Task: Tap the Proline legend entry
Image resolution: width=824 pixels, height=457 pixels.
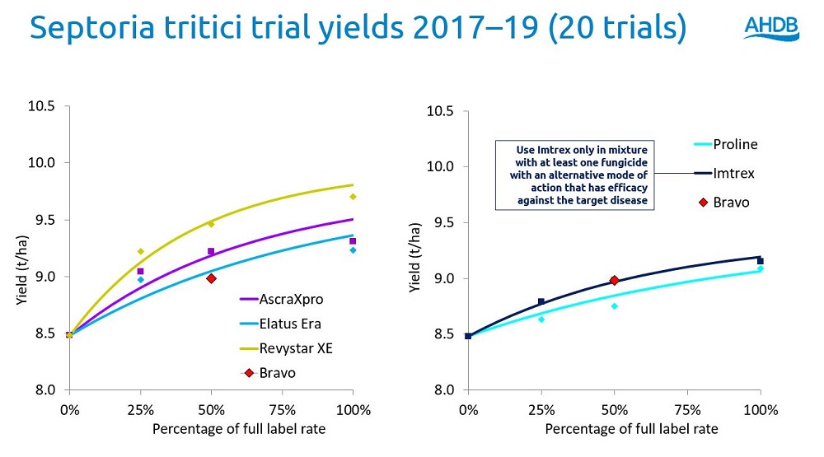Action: pos(734,145)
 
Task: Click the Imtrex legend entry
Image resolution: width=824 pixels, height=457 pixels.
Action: pos(733,174)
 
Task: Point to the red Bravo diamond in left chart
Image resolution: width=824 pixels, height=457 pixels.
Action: pos(211,278)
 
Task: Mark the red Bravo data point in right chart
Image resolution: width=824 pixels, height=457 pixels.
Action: pos(614,281)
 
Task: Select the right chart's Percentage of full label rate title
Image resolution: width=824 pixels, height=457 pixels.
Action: pos(631,429)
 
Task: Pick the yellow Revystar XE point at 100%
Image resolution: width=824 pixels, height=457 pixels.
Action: pos(353,196)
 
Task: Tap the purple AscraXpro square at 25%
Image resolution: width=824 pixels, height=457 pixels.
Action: pos(140,271)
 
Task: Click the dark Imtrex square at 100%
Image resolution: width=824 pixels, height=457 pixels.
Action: pos(761,260)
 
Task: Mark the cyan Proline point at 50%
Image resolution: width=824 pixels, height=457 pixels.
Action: pos(614,306)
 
